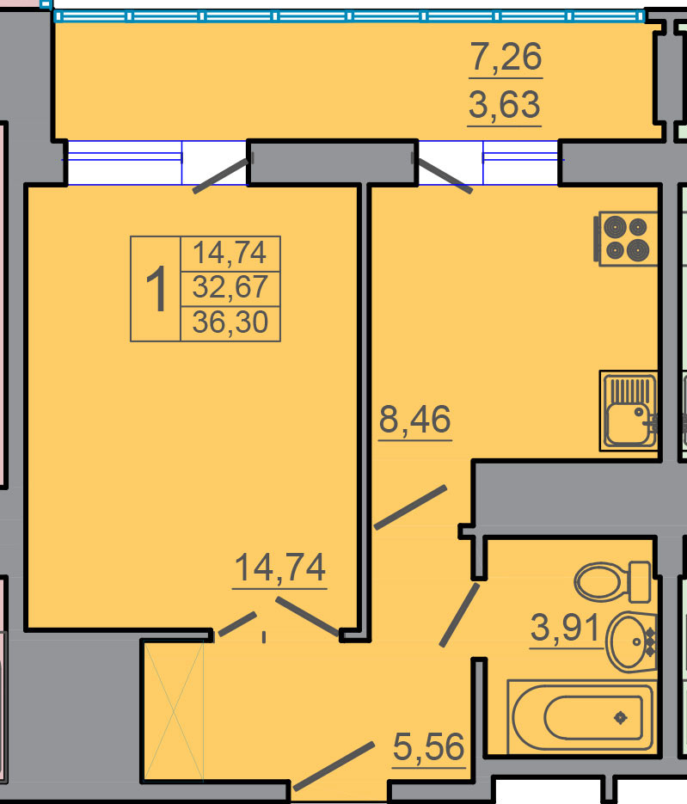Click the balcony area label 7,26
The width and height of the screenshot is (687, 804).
pyautogui.click(x=506, y=57)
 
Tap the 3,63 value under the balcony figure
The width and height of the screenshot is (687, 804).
pyautogui.click(x=505, y=105)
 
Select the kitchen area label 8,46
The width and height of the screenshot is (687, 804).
pyautogui.click(x=415, y=419)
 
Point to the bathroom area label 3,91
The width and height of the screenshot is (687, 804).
pyautogui.click(x=565, y=628)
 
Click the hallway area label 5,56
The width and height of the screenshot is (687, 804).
pyautogui.click(x=428, y=747)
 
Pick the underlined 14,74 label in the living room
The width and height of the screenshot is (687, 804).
pyautogui.click(x=280, y=568)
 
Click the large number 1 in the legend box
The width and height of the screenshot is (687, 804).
pyautogui.click(x=156, y=289)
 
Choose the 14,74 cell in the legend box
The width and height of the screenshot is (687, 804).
pyautogui.click(x=230, y=253)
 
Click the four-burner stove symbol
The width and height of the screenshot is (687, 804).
pyautogui.click(x=625, y=239)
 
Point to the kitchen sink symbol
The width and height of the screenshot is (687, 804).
pyautogui.click(x=629, y=411)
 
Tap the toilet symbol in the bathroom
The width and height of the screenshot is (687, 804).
pyautogui.click(x=613, y=582)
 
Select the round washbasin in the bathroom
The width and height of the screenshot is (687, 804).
pyautogui.click(x=631, y=641)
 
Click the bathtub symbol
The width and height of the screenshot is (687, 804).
pyautogui.click(x=581, y=717)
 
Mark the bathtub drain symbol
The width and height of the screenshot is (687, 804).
pyautogui.click(x=621, y=717)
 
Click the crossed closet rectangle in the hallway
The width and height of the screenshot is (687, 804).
pyautogui.click(x=174, y=711)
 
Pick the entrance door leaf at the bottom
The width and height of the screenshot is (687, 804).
pyautogui.click(x=334, y=766)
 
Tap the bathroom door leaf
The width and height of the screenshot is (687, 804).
pyautogui.click(x=460, y=615)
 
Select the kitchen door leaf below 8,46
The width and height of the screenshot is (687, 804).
pyautogui.click(x=410, y=507)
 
